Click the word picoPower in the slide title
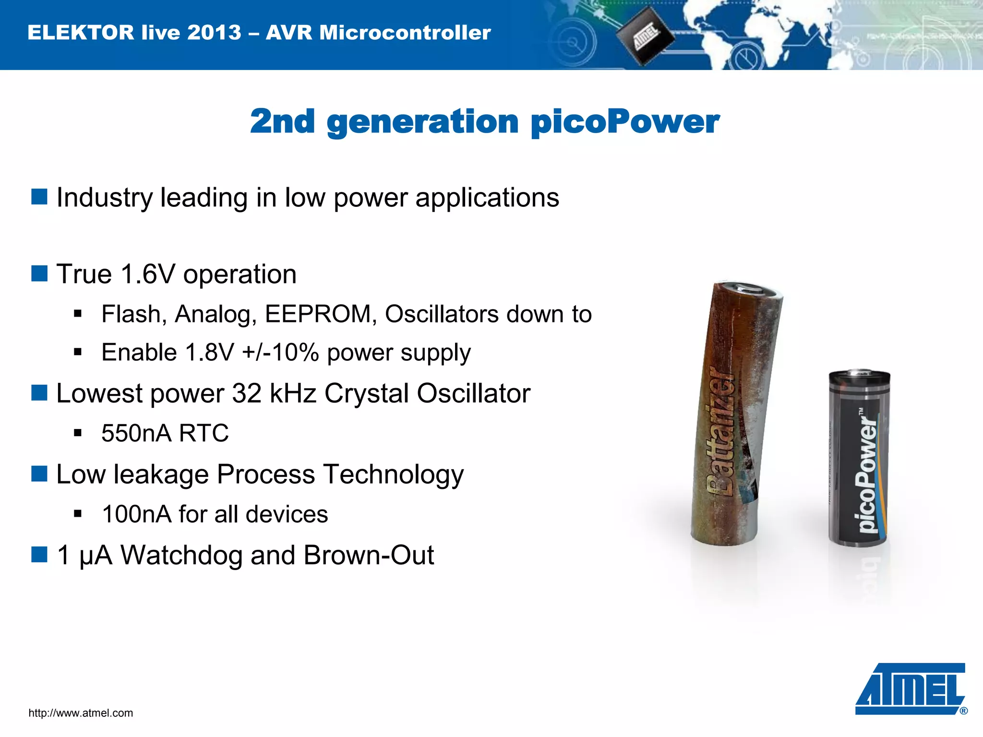point(625,121)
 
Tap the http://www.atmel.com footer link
point(81,713)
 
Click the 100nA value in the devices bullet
point(136,514)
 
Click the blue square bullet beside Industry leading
point(39,197)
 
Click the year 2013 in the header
point(214,33)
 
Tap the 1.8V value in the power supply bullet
point(209,353)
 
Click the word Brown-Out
point(369,555)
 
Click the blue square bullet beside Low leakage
point(39,474)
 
